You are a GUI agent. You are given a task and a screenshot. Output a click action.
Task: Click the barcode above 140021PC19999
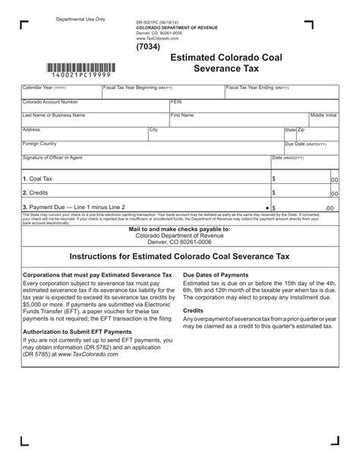coord(81,66)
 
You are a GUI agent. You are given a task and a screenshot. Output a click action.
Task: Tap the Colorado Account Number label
coord(50,101)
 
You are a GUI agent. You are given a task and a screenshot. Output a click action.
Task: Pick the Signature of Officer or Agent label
coord(52,157)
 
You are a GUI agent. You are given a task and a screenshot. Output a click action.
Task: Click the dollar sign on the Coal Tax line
coord(273,179)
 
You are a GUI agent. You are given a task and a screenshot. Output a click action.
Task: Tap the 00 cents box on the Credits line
coord(334,194)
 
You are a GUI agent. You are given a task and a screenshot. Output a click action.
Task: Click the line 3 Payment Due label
coord(73,206)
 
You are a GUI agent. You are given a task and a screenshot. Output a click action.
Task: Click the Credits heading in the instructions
coord(194,311)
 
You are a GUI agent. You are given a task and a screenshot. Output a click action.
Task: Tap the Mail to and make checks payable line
coord(179,229)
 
